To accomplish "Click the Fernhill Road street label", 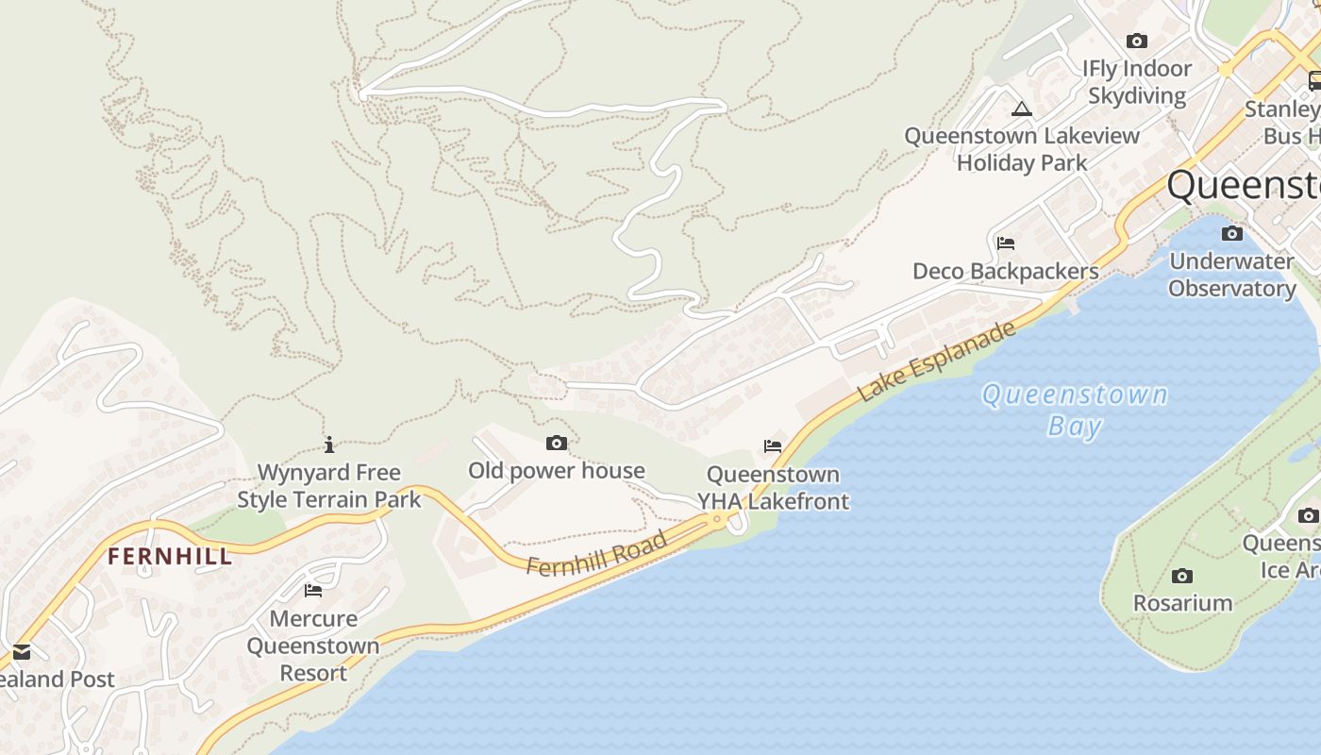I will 596,553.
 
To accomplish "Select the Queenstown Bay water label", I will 1075,410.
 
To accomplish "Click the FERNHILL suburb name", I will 170,557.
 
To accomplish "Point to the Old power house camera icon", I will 557,443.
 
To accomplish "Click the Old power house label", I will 557,470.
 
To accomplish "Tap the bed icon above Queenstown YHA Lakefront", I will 773,445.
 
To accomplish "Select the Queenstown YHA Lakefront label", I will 774,488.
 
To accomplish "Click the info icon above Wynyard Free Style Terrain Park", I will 329,445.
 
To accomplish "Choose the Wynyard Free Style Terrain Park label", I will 329,485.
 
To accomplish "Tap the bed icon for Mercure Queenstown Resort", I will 313,591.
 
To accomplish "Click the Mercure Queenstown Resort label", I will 313,646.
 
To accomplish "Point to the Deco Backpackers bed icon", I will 1006,243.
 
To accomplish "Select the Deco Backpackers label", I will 1006,272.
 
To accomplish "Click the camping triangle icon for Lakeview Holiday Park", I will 1022,109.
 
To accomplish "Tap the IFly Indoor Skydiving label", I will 1137,82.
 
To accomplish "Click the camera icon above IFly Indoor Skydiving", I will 1137,41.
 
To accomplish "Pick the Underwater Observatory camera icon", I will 1232,234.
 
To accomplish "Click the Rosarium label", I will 1182,603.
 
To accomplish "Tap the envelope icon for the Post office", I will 21,651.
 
